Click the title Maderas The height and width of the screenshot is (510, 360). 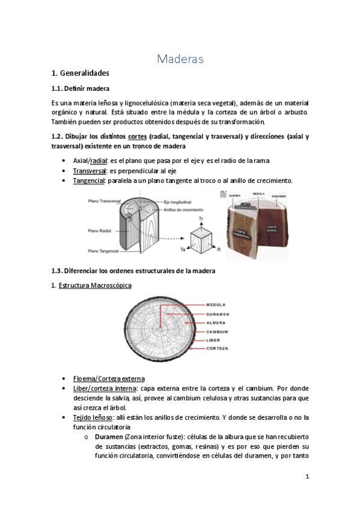(180, 59)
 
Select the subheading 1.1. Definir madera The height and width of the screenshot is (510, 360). (80, 88)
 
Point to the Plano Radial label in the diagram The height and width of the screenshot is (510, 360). (100, 230)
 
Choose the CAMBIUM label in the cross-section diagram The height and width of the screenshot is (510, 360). (217, 331)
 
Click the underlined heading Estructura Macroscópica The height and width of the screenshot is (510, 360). (94, 285)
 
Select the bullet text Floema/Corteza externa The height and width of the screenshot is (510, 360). (108, 378)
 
